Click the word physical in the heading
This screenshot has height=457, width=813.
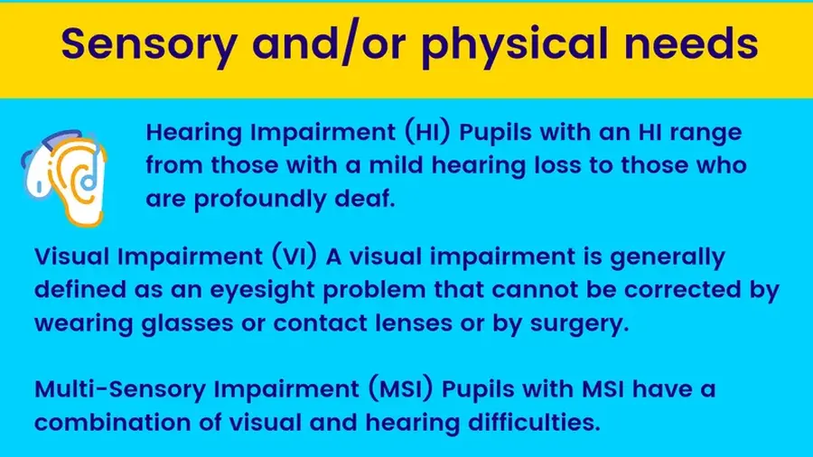(x=514, y=44)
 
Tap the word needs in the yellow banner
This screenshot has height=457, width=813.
(x=691, y=42)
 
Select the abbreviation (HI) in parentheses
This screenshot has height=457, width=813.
(x=428, y=132)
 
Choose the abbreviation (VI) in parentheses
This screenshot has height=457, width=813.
(x=294, y=256)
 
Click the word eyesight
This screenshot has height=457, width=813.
(x=262, y=291)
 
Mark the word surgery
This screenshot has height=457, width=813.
(x=579, y=324)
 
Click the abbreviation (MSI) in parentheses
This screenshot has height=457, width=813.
(x=401, y=388)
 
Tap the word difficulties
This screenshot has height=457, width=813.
(x=534, y=422)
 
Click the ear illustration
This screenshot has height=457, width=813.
(x=64, y=178)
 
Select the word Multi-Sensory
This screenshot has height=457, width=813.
(x=120, y=389)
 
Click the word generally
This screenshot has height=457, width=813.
(x=668, y=257)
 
